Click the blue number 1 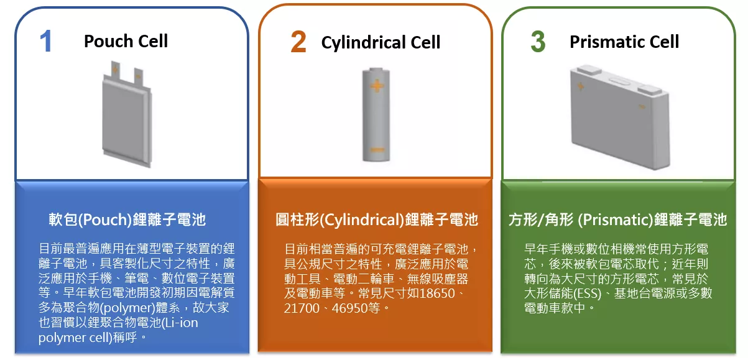46,41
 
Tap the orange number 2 298,42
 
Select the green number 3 538,42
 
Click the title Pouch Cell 126,42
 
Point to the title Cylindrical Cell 381,42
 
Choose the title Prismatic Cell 624,42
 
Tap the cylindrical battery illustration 376,115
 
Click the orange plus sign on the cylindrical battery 377,86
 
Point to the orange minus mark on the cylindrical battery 377,150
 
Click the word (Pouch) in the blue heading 105,219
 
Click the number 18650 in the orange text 436,293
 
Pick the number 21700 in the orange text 302,308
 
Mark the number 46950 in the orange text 350,308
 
